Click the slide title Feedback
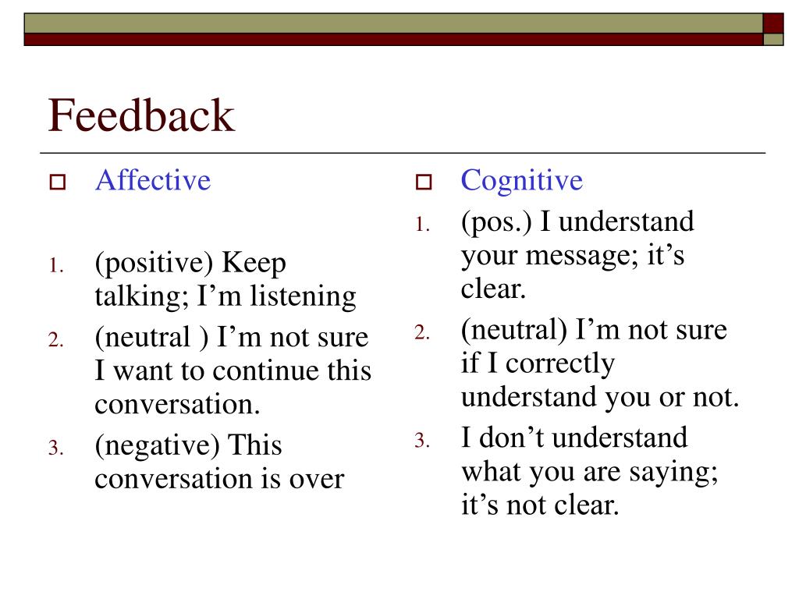141,115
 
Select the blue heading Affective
153,180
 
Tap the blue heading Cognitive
521,180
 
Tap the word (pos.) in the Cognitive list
496,222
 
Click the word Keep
255,264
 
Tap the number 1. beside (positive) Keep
55,267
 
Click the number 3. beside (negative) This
55,448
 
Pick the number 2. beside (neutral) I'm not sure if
421,333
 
